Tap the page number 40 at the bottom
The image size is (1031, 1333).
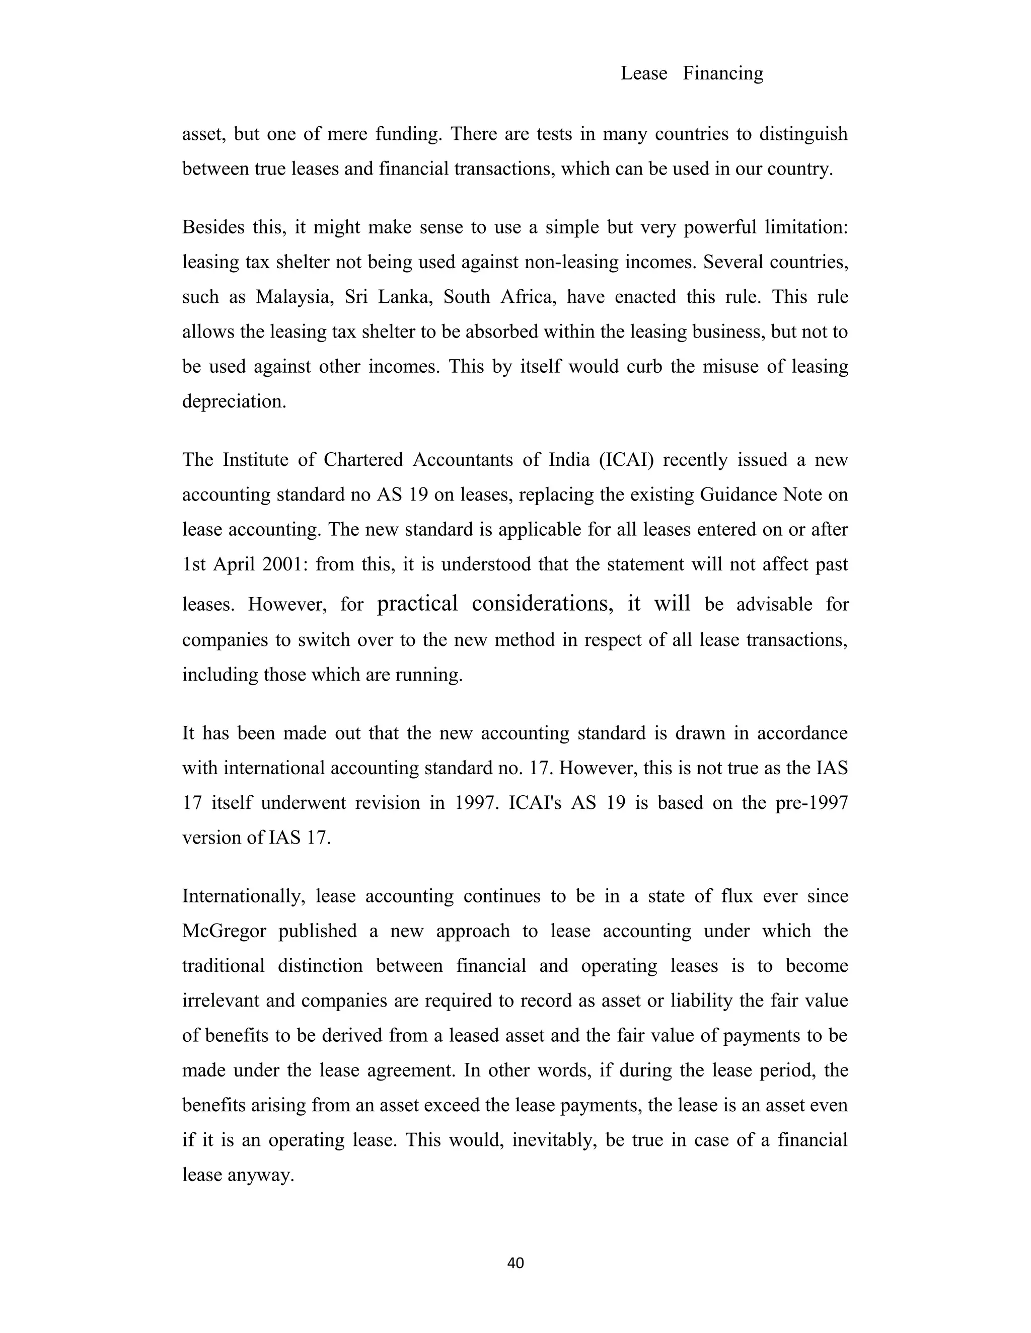pos(515,1263)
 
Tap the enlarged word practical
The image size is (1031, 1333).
pos(417,603)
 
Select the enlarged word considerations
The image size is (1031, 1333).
pos(542,603)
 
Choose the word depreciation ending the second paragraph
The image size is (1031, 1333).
pos(234,401)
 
